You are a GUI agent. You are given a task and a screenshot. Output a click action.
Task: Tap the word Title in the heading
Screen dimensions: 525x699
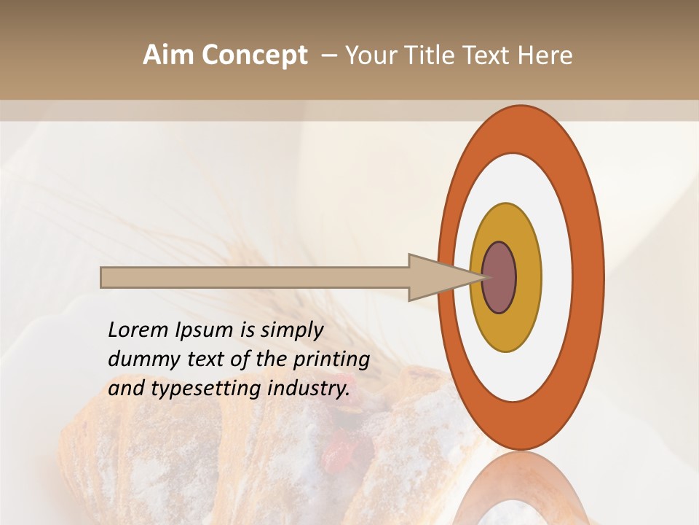433,55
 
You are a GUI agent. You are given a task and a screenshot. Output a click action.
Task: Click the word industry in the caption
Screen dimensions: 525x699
309,388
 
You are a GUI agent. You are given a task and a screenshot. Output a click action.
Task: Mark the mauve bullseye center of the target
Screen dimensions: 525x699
499,278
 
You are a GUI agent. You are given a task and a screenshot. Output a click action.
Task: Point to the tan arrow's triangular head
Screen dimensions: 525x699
437,278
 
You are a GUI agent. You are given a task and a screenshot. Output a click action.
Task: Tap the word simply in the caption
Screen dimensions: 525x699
291,330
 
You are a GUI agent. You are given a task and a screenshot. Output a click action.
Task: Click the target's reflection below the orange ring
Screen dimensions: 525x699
521,489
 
